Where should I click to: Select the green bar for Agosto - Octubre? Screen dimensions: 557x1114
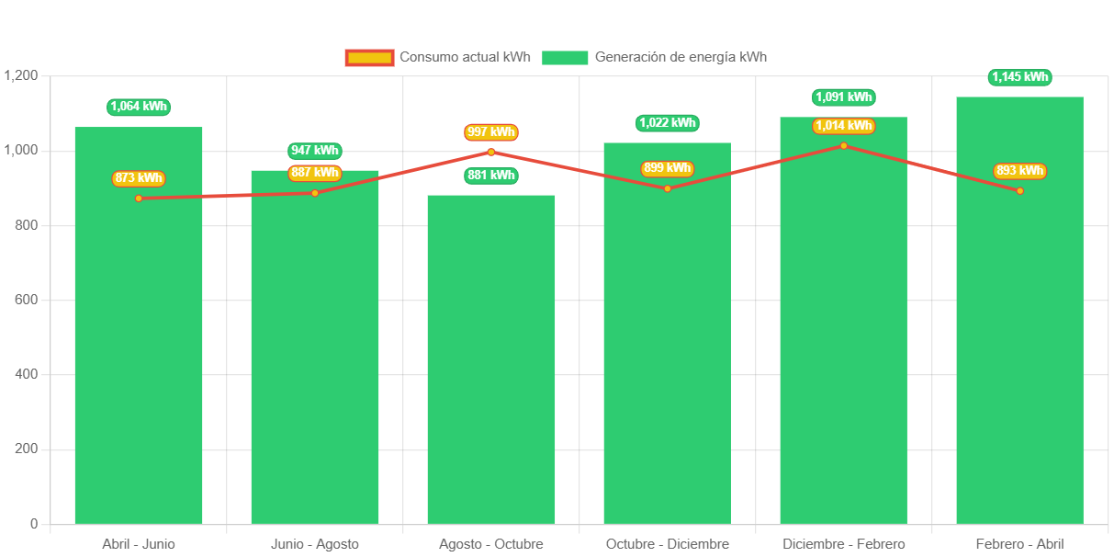(491, 368)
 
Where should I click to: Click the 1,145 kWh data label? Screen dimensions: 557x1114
(1020, 77)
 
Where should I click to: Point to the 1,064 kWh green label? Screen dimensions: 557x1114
(139, 107)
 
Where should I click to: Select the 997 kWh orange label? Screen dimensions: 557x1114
(491, 132)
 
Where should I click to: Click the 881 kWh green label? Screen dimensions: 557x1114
(491, 176)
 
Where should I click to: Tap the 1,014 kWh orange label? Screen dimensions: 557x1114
(843, 126)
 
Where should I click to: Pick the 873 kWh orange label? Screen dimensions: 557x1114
(139, 178)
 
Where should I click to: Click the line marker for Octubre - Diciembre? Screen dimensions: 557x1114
(668, 188)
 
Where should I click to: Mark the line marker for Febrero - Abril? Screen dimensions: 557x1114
(1019, 191)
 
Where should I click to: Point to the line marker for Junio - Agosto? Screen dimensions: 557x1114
(315, 193)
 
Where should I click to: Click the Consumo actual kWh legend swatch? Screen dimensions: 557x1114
(369, 58)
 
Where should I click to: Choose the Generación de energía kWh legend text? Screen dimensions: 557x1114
(681, 57)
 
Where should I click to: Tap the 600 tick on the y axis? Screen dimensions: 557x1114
(26, 300)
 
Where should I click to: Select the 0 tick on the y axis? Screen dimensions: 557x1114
(34, 524)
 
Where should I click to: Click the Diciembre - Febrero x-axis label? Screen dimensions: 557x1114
(843, 544)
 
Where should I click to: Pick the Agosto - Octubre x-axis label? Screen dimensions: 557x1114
(491, 544)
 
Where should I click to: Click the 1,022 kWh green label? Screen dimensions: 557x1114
(668, 123)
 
